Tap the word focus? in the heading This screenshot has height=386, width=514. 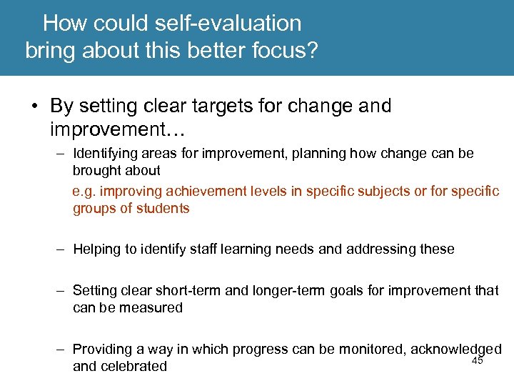pyautogui.click(x=286, y=52)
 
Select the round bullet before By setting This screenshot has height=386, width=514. pyautogui.click(x=35, y=107)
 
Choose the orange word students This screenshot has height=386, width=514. pyautogui.click(x=165, y=209)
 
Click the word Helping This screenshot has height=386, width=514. pyautogui.click(x=96, y=249)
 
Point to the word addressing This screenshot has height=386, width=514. pyautogui.click(x=387, y=249)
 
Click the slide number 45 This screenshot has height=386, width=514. pyautogui.click(x=478, y=361)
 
